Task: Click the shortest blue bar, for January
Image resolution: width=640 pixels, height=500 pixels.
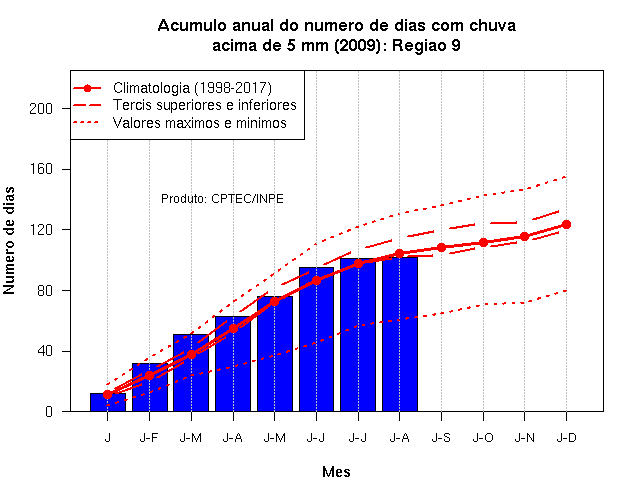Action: click(x=108, y=402)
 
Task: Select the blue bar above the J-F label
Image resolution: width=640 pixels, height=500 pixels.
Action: click(x=150, y=387)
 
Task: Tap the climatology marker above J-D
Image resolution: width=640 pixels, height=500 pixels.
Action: click(x=566, y=224)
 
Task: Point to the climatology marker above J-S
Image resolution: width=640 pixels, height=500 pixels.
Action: click(x=441, y=248)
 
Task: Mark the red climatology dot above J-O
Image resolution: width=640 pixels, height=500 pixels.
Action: click(x=483, y=242)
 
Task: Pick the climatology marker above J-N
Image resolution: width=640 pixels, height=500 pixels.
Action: click(x=524, y=237)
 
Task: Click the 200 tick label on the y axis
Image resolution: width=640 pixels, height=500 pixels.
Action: click(x=41, y=109)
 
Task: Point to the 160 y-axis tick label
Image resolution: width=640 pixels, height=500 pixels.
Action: click(x=41, y=169)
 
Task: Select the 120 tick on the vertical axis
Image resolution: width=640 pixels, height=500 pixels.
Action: click(x=41, y=230)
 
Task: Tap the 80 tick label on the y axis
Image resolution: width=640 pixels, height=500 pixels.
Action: click(x=45, y=291)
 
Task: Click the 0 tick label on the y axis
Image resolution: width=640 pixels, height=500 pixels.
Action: click(x=49, y=411)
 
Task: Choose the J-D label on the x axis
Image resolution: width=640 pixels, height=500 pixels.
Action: click(x=567, y=438)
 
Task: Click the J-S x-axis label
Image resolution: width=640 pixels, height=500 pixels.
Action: click(x=441, y=438)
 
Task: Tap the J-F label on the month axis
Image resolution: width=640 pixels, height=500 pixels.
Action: click(x=149, y=438)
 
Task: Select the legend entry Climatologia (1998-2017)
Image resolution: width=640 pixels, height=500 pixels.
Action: click(x=192, y=88)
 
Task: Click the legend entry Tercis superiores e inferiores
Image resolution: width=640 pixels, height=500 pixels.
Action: click(x=204, y=105)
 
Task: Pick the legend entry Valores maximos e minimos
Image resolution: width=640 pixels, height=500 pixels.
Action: click(x=200, y=123)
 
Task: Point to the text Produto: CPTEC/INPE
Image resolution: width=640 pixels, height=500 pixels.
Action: click(x=222, y=199)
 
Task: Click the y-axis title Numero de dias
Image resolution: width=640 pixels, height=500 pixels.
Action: click(x=9, y=240)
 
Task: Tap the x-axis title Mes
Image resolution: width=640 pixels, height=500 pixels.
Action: click(x=336, y=472)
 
